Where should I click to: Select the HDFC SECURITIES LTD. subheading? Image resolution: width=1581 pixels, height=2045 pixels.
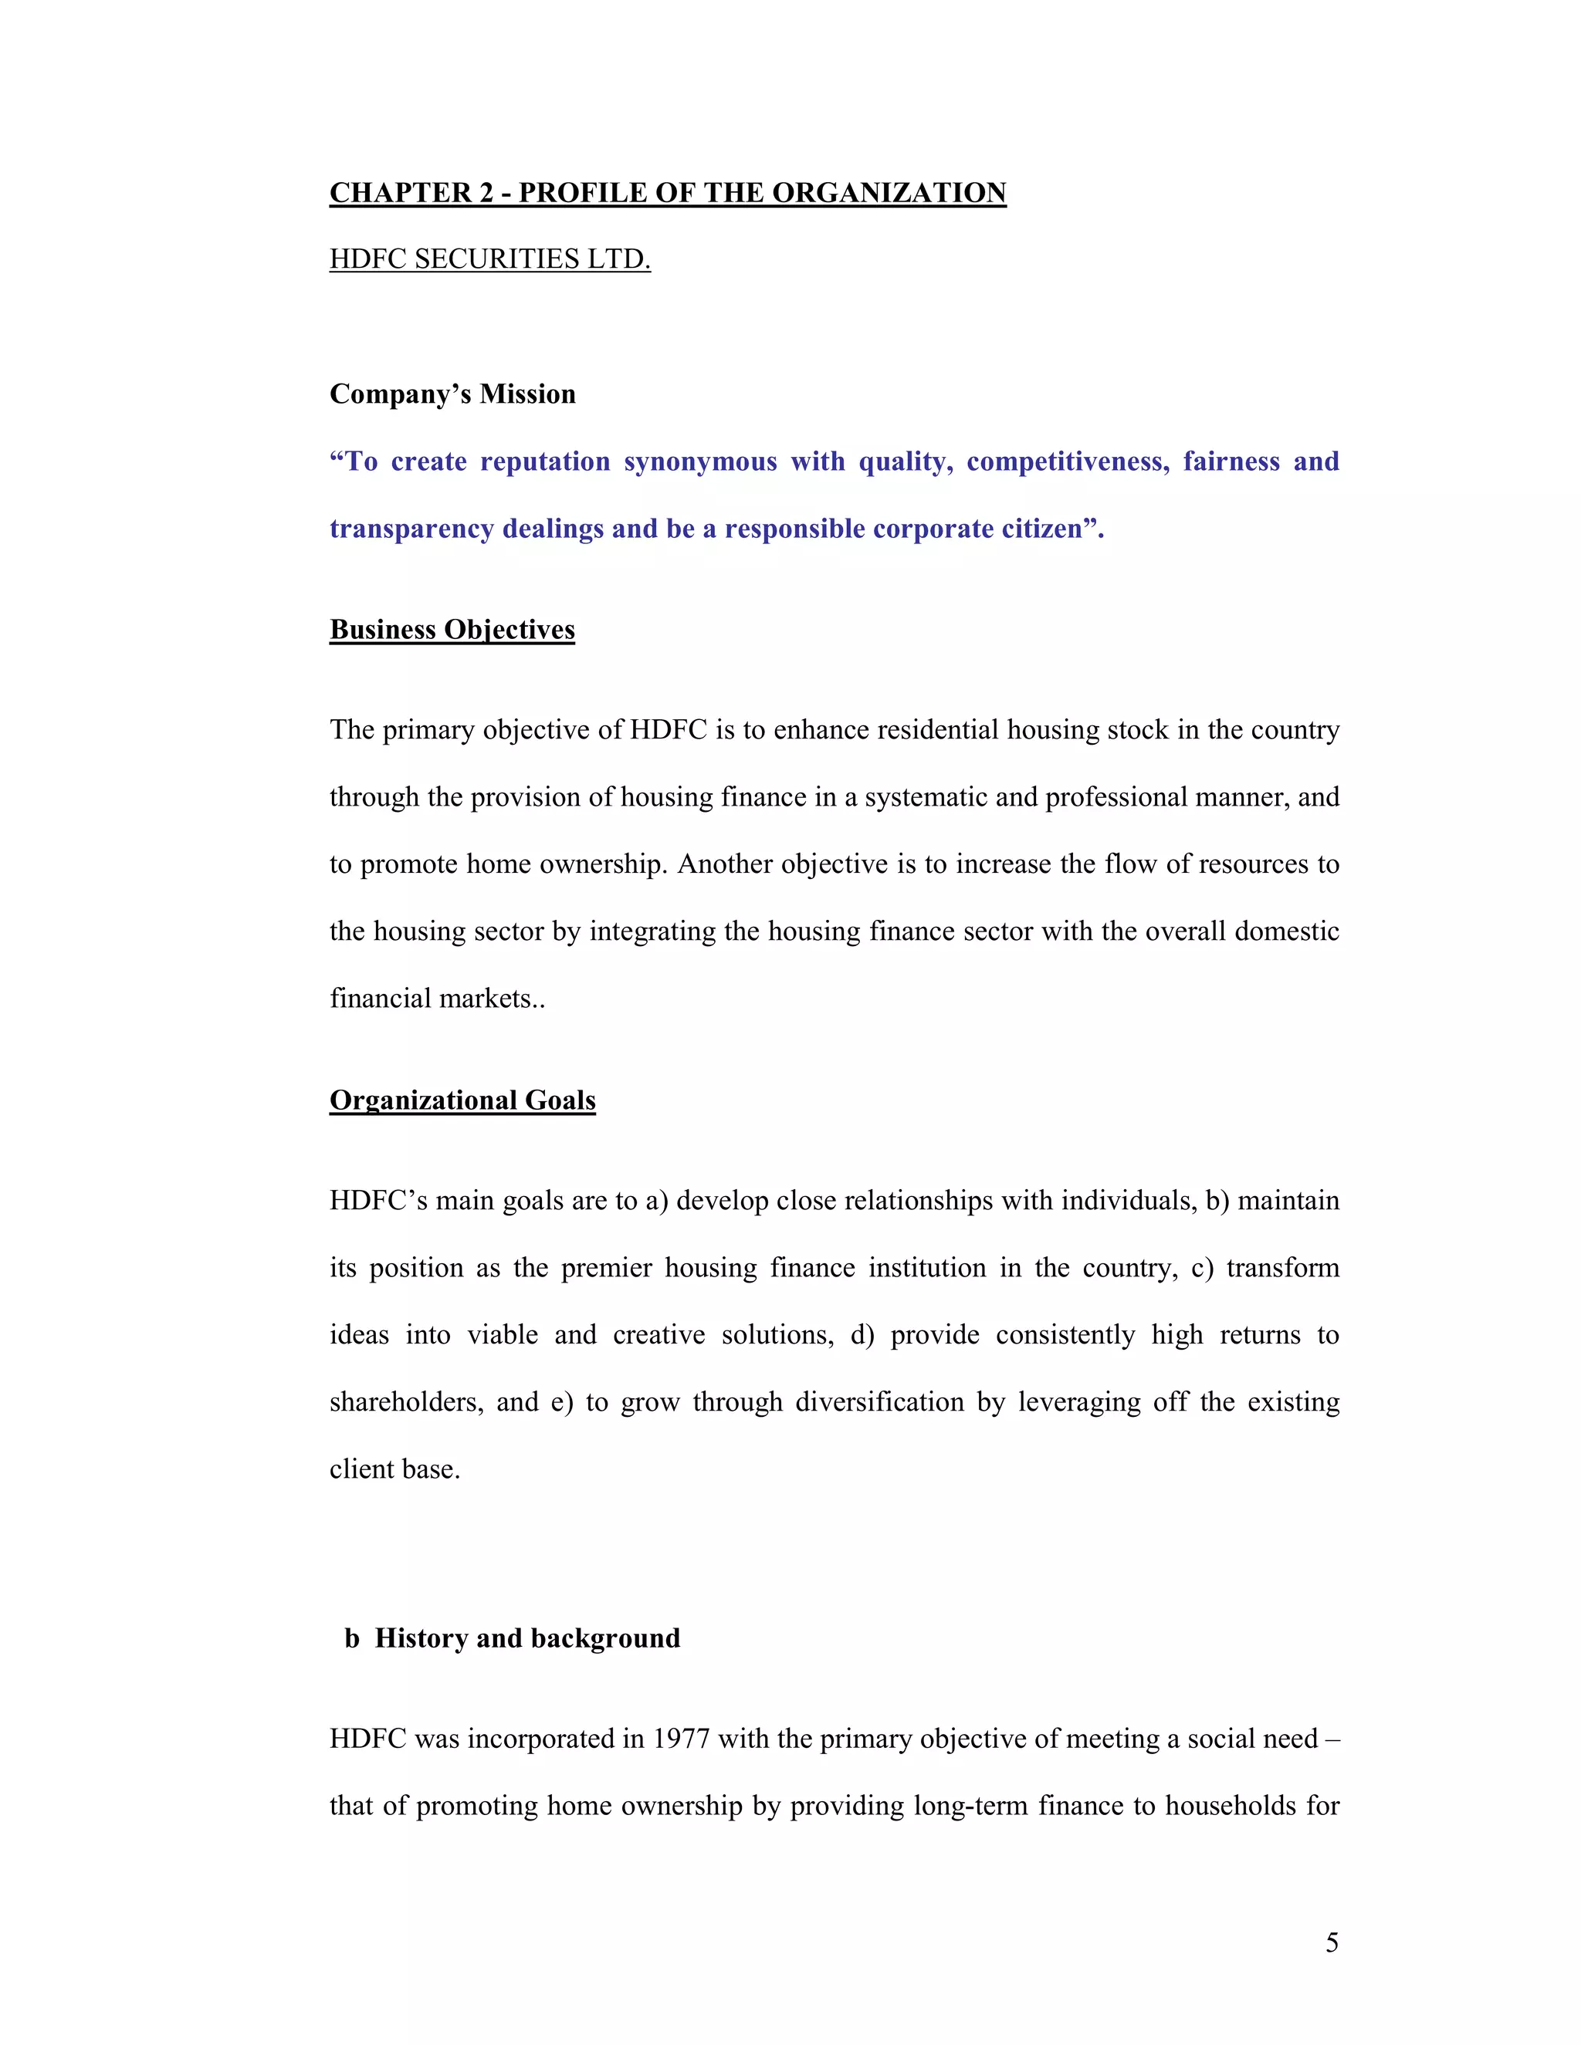click(x=490, y=259)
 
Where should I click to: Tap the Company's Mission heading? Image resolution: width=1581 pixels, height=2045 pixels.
click(x=452, y=394)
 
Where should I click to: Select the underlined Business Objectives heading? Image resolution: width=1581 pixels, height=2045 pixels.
click(x=452, y=629)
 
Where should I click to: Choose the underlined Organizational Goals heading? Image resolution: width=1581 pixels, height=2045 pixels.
click(x=462, y=1100)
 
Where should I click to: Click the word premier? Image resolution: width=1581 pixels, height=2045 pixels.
click(x=606, y=1268)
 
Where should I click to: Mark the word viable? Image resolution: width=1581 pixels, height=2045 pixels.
click(x=503, y=1335)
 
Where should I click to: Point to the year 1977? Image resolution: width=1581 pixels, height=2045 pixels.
click(x=682, y=1739)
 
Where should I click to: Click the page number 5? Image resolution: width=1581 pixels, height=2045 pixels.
click(x=1332, y=1944)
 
